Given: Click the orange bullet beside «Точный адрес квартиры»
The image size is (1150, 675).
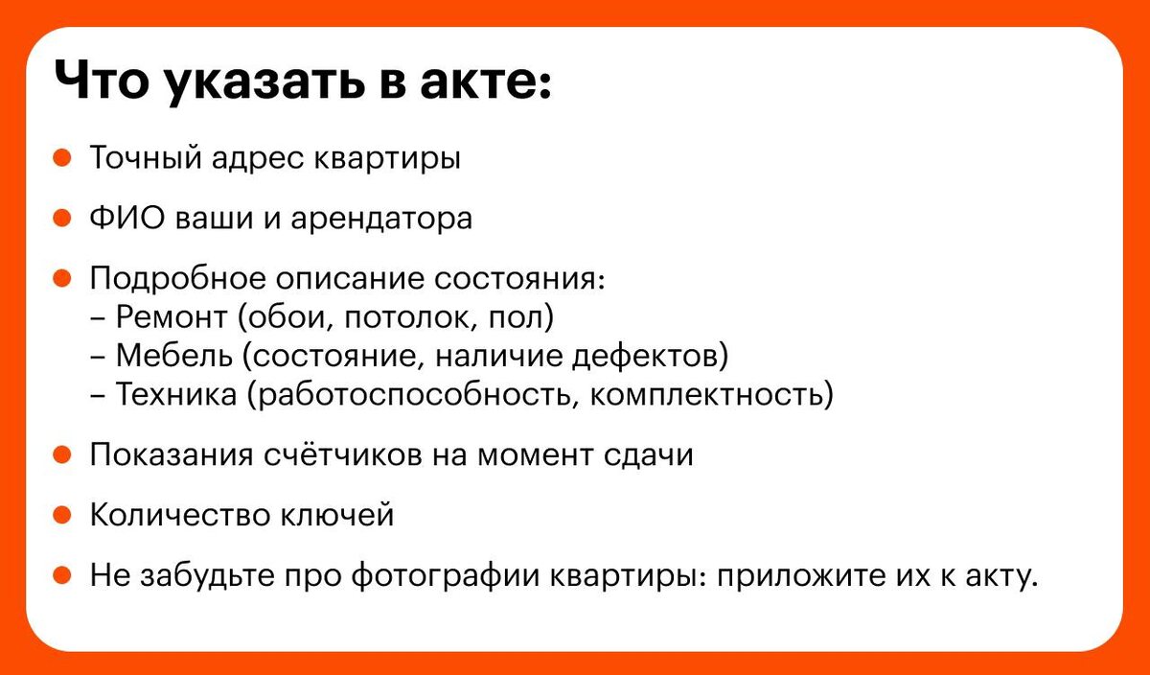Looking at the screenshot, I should click(61, 158).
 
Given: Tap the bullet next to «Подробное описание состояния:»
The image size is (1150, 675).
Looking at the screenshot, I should click(61, 279).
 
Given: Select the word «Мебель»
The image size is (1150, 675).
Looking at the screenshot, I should click(173, 356).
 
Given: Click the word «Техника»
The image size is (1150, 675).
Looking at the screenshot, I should click(175, 394).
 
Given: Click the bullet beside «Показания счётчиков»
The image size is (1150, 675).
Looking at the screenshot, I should click(61, 455).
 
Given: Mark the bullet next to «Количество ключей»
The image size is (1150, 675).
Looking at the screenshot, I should click(61, 515).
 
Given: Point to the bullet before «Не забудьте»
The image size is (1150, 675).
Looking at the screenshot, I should click(61, 576).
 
